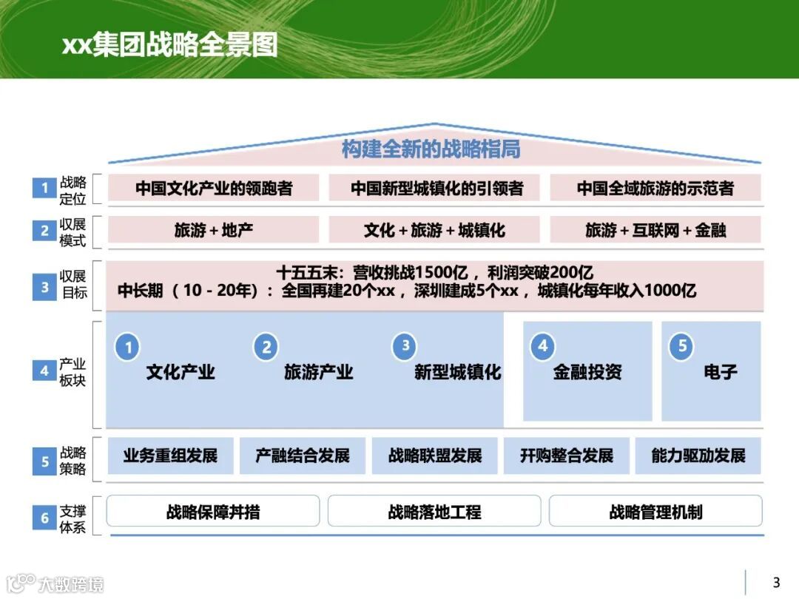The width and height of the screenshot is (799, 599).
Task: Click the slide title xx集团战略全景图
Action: (x=169, y=45)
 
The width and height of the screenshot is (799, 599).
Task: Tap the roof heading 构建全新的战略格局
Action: (x=431, y=149)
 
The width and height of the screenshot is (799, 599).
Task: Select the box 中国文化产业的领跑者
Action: (x=214, y=188)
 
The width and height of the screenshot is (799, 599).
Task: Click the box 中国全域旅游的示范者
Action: (x=655, y=188)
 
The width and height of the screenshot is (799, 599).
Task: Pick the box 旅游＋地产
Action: (x=214, y=230)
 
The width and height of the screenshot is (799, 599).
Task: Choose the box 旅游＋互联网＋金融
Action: (x=655, y=230)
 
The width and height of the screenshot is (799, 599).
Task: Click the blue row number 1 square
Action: (x=44, y=188)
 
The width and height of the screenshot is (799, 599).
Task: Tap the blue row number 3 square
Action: (x=44, y=287)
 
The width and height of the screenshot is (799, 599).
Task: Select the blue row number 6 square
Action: (x=44, y=518)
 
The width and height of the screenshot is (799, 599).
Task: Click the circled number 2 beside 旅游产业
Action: (x=266, y=347)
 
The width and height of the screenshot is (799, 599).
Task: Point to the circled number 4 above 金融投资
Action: (x=542, y=346)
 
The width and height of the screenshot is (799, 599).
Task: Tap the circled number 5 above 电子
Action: (x=681, y=346)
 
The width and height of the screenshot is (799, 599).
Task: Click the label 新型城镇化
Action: (x=457, y=372)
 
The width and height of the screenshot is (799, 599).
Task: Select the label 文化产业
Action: (x=181, y=372)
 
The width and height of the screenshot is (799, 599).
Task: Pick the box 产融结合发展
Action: (x=303, y=456)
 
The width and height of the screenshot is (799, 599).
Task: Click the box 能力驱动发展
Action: (x=698, y=456)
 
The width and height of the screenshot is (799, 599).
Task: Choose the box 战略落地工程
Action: (x=434, y=511)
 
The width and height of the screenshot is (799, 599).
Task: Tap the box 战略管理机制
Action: (x=655, y=511)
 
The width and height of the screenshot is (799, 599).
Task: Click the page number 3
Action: (x=776, y=582)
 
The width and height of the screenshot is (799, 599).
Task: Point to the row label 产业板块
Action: (x=73, y=372)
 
